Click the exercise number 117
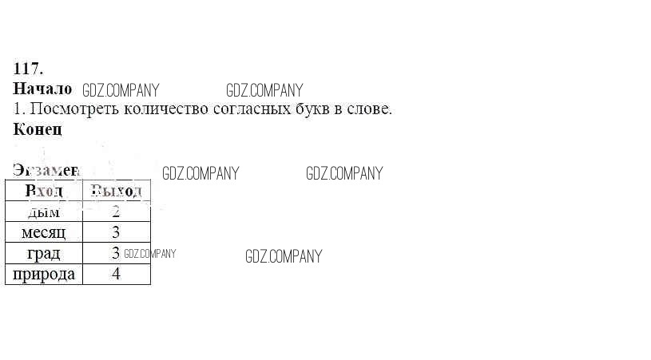[28, 69]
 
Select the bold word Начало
[42, 89]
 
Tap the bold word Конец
[38, 129]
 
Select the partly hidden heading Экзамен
[46, 170]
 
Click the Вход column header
[44, 191]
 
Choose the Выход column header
[116, 191]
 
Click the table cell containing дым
[44, 212]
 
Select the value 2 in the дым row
[116, 212]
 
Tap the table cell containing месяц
[44, 232]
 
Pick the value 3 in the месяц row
[116, 232]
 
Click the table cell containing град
[44, 254]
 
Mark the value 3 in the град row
[116, 253]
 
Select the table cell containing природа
[44, 275]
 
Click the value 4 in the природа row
[116, 274]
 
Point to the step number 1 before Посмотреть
[17, 109]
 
